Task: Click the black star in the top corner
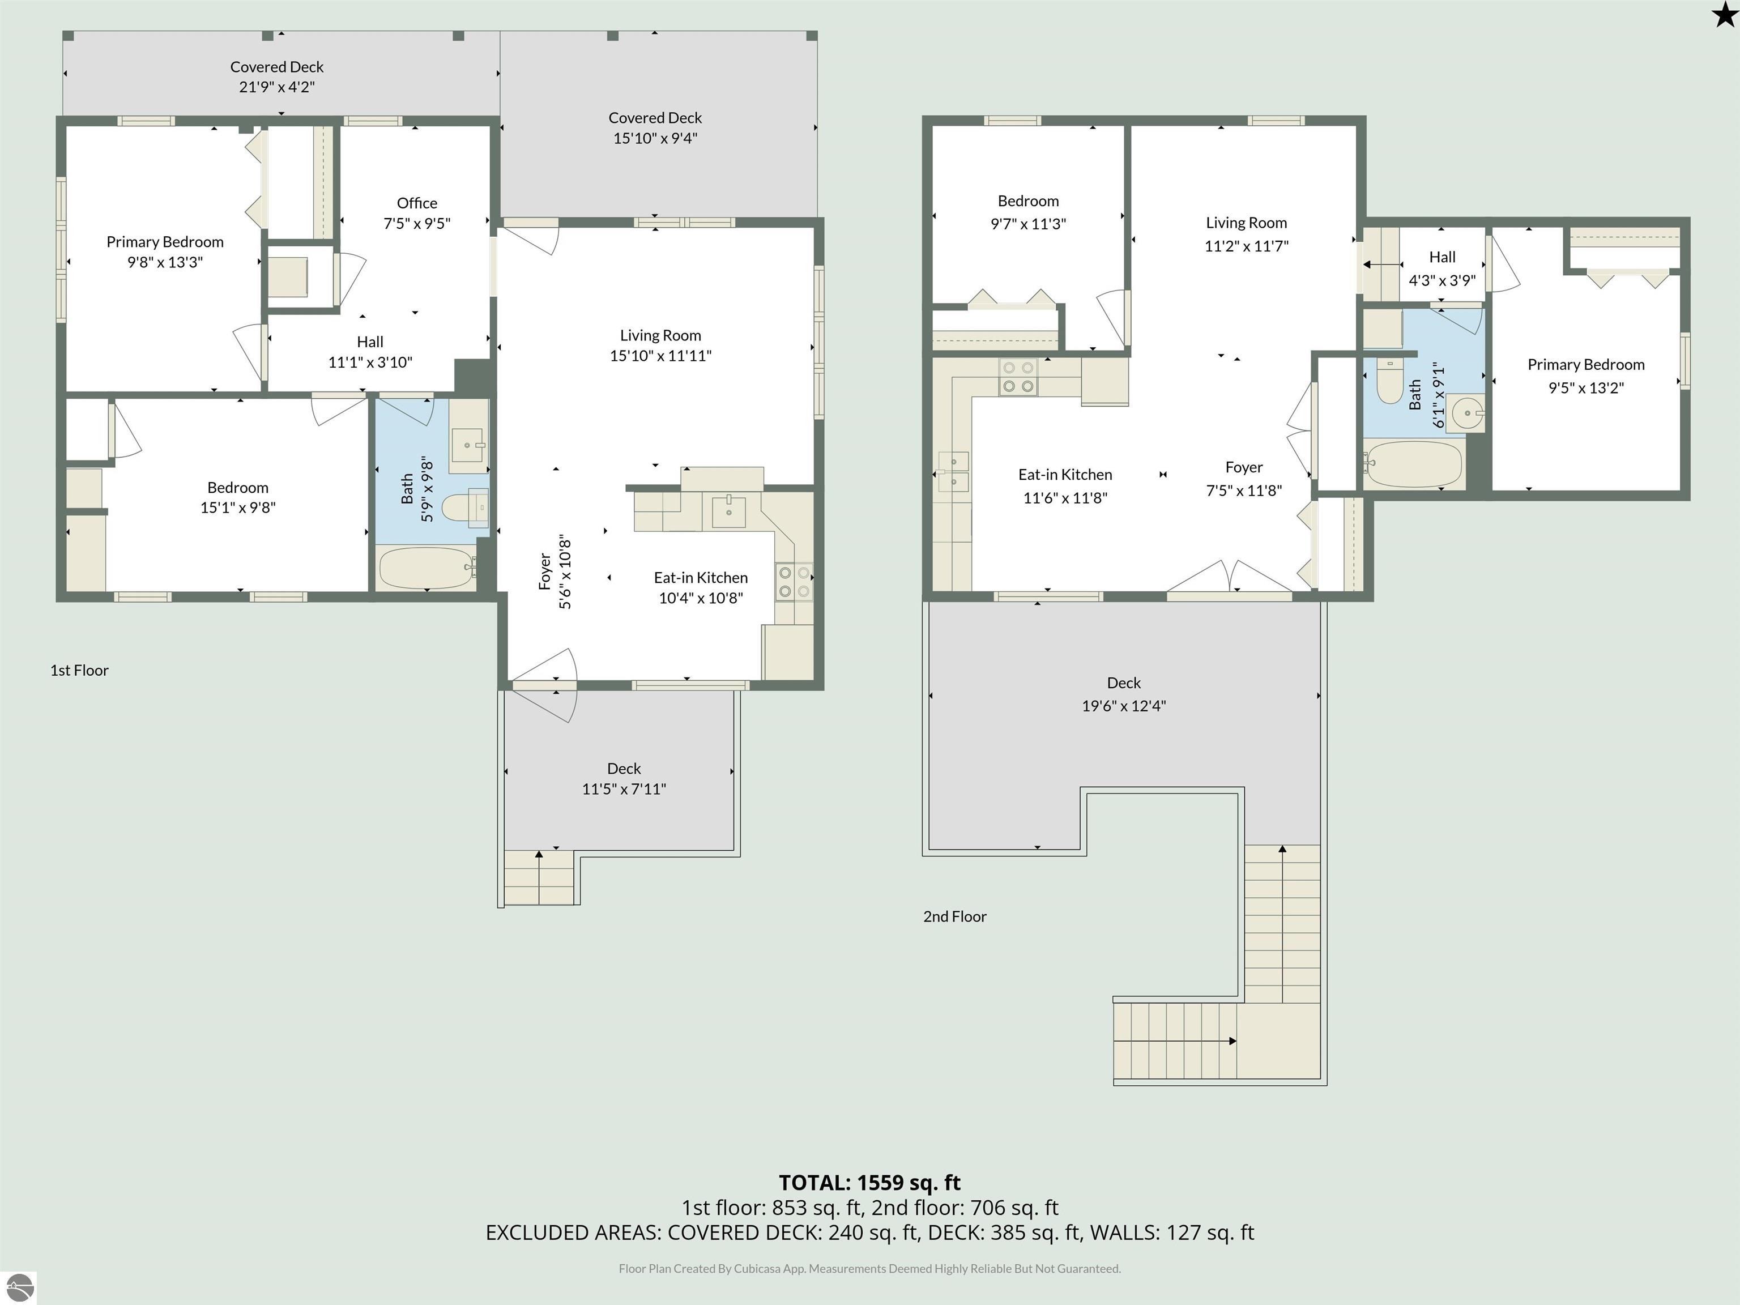click(1724, 14)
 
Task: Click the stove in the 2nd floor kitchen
click(1018, 377)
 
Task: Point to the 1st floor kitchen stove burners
click(794, 582)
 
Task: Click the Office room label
click(417, 203)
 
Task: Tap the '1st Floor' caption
click(79, 670)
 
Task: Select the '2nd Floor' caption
click(954, 916)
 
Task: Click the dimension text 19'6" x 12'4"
click(1123, 706)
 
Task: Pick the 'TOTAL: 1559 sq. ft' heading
click(869, 1182)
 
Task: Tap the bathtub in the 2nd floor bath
click(1414, 464)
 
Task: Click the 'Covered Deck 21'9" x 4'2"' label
click(277, 77)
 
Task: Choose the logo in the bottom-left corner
click(19, 1287)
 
